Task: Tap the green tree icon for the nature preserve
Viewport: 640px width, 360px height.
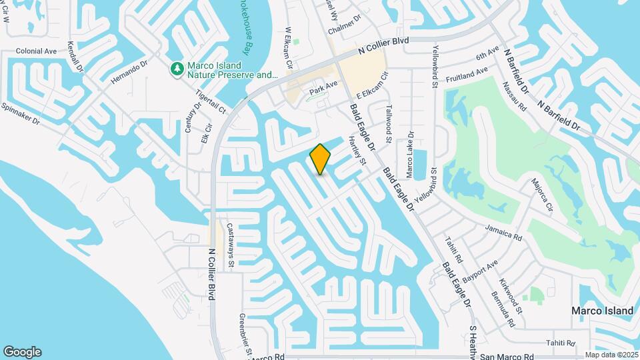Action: [x=177, y=69]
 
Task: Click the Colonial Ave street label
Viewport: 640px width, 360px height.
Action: [x=37, y=51]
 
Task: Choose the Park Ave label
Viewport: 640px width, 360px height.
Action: [x=323, y=85]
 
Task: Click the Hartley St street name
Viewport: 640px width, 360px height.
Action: [x=358, y=151]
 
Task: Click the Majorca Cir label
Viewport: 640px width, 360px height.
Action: [x=542, y=193]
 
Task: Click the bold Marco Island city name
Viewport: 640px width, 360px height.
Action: [x=602, y=311]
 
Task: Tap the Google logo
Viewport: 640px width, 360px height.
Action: [x=22, y=352]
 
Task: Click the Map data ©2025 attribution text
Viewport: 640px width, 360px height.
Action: [x=611, y=355]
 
